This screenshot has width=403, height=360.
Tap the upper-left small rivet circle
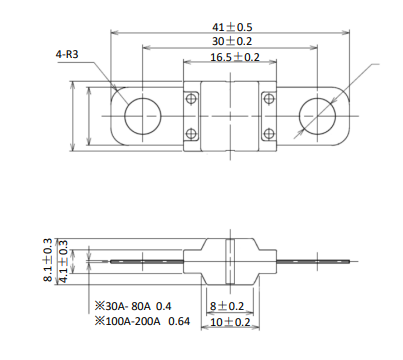coord(191,98)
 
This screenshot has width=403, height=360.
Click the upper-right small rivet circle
coord(269,98)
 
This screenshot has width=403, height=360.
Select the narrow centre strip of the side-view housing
coord(230,262)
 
